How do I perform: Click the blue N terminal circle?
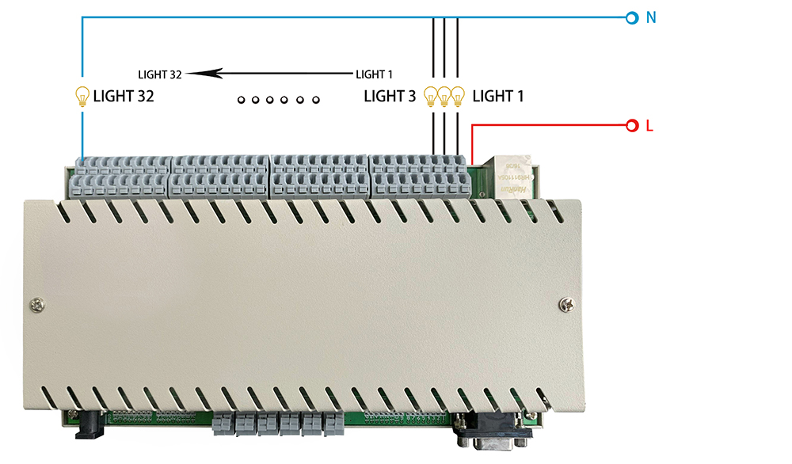coord(632,17)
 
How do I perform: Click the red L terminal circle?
coord(632,126)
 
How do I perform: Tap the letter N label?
coord(651,17)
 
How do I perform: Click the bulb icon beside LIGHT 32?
coord(82,96)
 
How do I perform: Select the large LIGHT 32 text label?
coord(123,97)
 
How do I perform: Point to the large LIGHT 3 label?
coord(389,97)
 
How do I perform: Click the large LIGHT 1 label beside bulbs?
coord(498,97)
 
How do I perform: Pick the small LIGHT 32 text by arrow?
coord(160,74)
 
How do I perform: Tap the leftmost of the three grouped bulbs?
coord(432,96)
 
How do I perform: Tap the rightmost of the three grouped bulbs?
coord(457,96)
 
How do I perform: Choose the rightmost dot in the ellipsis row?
coord(315,100)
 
